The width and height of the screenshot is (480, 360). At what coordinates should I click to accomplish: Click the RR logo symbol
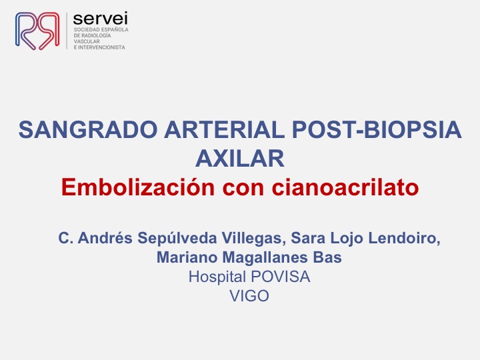pyautogui.click(x=37, y=31)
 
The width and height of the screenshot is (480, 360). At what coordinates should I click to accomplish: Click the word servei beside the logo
pyautogui.click(x=101, y=19)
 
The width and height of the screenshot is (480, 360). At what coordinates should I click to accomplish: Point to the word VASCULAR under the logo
pyautogui.click(x=87, y=41)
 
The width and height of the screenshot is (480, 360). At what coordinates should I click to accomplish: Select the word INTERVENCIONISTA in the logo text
pyautogui.click(x=101, y=47)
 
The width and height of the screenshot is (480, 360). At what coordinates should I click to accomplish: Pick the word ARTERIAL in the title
pyautogui.click(x=225, y=130)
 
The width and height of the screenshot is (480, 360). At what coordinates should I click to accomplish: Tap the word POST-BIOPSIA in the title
pyautogui.click(x=377, y=130)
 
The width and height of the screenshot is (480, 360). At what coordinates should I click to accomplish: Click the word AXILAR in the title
pyautogui.click(x=240, y=159)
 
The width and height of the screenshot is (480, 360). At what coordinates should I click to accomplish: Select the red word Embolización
pyautogui.click(x=138, y=187)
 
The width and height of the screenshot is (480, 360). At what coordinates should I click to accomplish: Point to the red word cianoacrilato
pyautogui.click(x=345, y=187)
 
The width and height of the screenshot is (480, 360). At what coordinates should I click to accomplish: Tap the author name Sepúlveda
pyautogui.click(x=177, y=238)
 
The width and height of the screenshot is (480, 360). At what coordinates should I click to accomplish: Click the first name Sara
pyautogui.click(x=308, y=238)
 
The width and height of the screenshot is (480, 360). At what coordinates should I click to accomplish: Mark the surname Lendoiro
pyautogui.click(x=404, y=238)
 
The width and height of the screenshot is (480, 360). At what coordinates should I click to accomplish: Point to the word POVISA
pyautogui.click(x=281, y=277)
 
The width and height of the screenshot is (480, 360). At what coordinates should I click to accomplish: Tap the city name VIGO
pyautogui.click(x=249, y=296)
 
